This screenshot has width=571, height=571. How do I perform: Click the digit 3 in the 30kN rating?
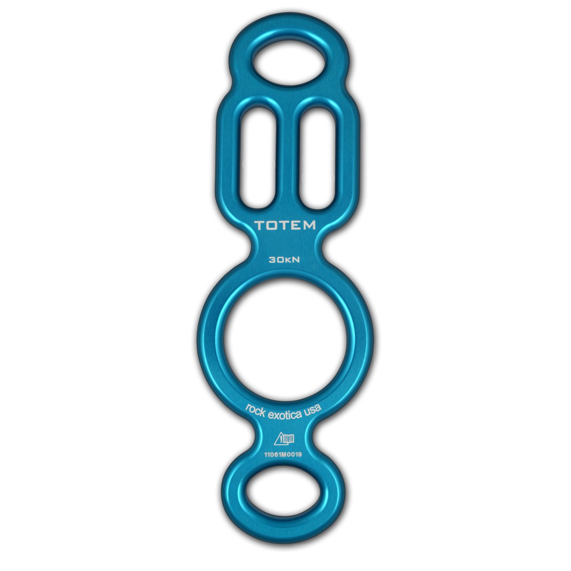272,261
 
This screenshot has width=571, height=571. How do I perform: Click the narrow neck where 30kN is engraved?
285,256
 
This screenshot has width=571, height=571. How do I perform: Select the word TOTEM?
285,225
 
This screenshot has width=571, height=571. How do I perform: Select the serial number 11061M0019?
285,455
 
